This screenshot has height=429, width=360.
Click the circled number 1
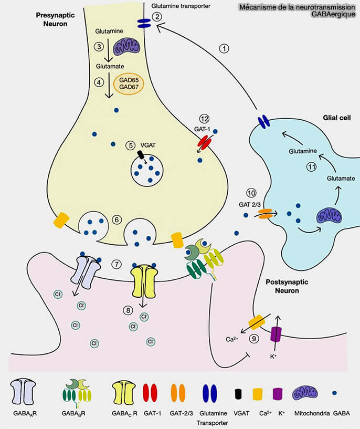(x=225, y=49)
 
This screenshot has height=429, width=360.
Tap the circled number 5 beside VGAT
(x=131, y=145)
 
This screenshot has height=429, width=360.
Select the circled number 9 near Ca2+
(x=254, y=339)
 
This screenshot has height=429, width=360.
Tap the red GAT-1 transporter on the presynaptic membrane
(x=204, y=141)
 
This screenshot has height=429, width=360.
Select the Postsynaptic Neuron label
(x=285, y=286)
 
